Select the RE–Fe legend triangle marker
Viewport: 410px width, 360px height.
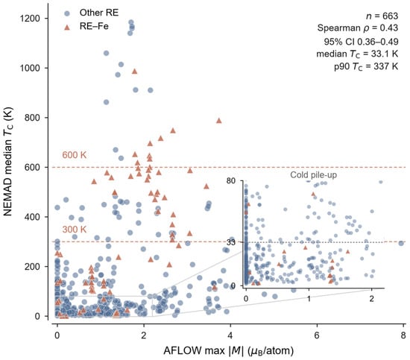pos(67,27)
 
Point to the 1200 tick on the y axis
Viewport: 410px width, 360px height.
pos(46,19)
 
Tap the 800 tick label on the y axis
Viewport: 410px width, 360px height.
pos(32,118)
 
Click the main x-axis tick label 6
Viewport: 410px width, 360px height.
pos(317,335)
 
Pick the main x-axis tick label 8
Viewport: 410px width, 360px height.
pos(403,335)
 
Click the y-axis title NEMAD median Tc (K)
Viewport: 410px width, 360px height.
pos(8,161)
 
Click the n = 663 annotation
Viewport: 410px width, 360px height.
pos(382,16)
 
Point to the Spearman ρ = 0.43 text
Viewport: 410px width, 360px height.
pos(358,28)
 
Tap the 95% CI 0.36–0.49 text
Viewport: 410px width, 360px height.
pos(361,42)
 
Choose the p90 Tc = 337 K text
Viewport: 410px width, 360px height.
pos(366,67)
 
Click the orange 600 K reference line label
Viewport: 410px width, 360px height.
pos(75,155)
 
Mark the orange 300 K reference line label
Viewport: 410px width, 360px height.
pos(75,230)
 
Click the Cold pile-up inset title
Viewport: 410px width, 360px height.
pos(314,175)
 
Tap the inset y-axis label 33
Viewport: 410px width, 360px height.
pos(231,242)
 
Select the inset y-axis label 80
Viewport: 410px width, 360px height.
pos(231,180)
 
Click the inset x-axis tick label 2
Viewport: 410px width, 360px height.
pos(371,299)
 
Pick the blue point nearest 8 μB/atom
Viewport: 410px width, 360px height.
pos(401,244)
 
